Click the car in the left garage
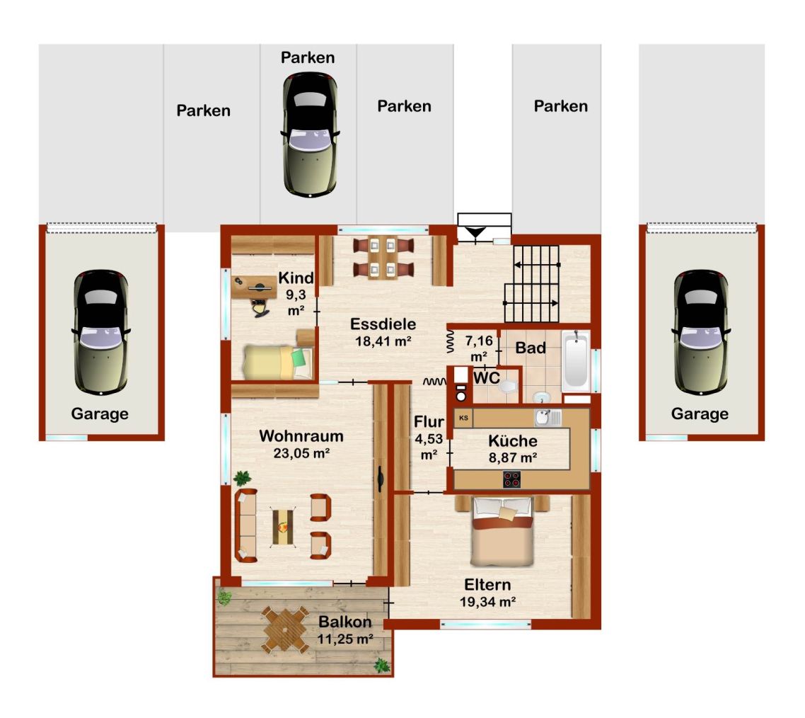[x=101, y=333]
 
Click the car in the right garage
[x=701, y=333]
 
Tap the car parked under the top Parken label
[x=310, y=135]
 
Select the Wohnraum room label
[x=301, y=436]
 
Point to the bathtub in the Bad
[x=576, y=361]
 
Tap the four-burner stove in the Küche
[x=512, y=479]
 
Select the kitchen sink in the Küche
[x=548, y=417]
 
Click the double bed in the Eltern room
[x=503, y=531]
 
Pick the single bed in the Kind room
[x=278, y=362]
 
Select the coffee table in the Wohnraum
[x=283, y=526]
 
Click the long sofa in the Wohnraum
[x=246, y=525]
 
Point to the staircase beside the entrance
[x=532, y=283]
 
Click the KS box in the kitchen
[x=463, y=418]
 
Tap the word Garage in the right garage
[x=700, y=414]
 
